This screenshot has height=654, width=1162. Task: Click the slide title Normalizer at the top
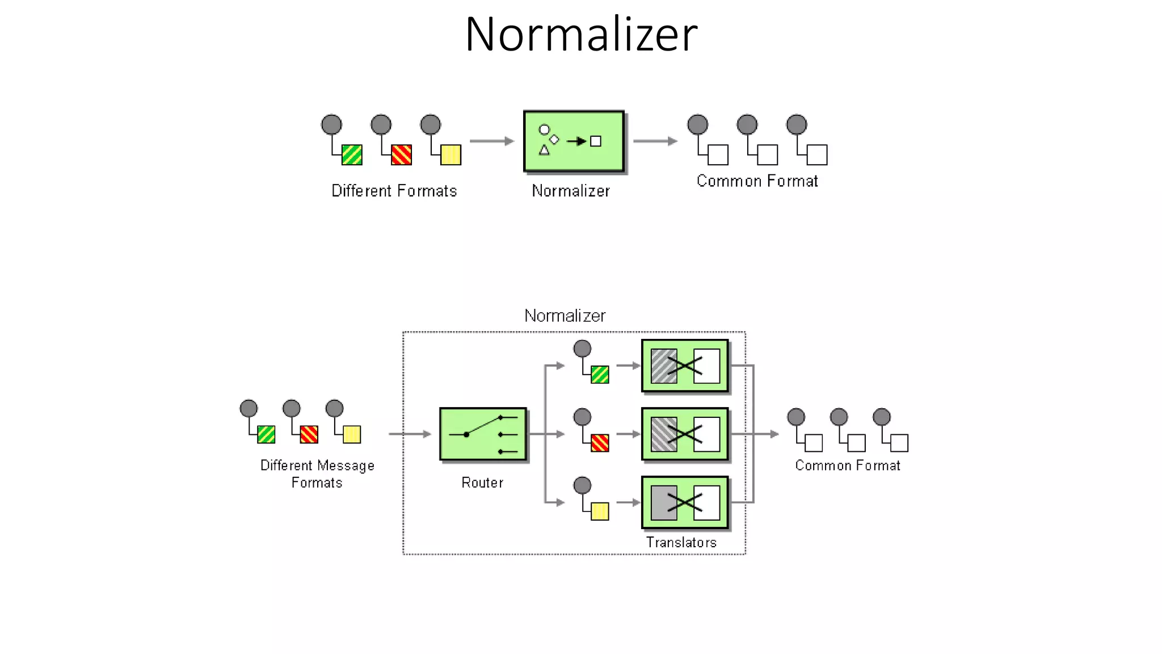pos(581,35)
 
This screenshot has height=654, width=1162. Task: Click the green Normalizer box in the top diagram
pos(573,141)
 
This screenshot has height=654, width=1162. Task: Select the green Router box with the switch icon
pos(483,434)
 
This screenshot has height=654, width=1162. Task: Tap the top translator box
pos(685,366)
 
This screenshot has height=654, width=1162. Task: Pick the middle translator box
pos(685,434)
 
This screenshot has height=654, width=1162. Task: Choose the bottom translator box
pos(685,502)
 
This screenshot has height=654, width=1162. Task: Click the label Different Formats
pos(394,191)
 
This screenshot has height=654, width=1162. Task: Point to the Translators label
pos(681,542)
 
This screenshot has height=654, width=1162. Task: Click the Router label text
pos(482,483)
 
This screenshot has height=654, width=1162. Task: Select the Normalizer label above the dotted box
pos(565,316)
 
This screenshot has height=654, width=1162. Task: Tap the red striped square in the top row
pos(401,154)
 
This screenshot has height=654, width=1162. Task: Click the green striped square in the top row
pos(352,154)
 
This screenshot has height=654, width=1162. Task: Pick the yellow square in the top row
pos(451,154)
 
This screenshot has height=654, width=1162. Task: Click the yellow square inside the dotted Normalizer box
pos(600,511)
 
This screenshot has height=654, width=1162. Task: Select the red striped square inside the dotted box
pos(600,443)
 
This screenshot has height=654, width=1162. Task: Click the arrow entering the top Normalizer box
pos(491,141)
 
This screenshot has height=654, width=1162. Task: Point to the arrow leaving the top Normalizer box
pos(655,141)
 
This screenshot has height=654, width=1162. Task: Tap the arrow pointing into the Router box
pos(410,434)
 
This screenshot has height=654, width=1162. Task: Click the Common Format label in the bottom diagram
pos(847,466)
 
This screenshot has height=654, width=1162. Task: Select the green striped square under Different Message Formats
pos(266,434)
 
